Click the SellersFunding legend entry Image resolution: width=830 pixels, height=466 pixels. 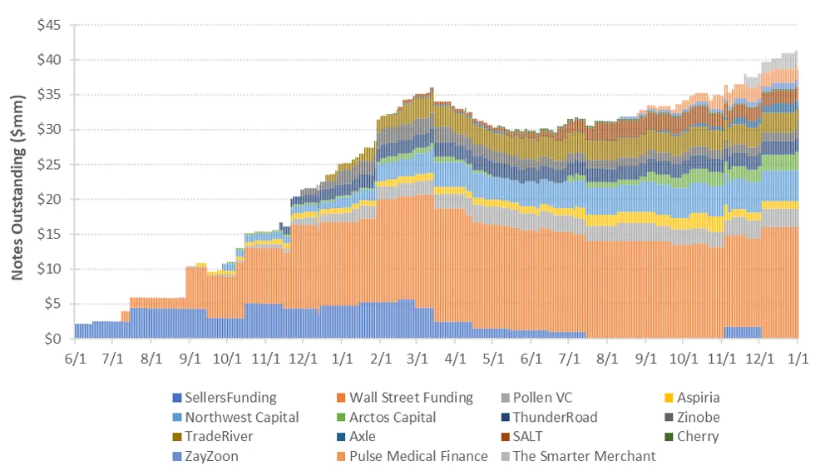click(x=224, y=398)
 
